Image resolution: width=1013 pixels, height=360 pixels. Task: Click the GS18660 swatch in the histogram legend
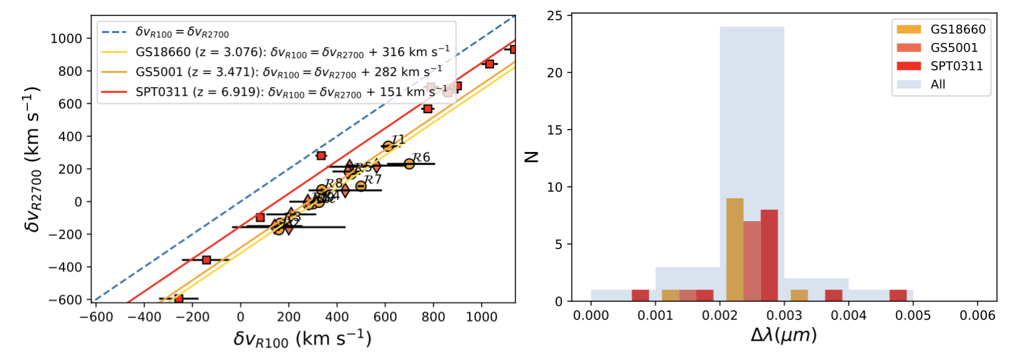908,29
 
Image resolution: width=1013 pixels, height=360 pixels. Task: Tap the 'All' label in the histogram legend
938,84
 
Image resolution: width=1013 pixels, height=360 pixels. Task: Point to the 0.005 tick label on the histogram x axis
913,316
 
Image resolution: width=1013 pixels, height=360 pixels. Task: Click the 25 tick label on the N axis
554,16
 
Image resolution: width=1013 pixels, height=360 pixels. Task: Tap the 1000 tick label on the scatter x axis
482,317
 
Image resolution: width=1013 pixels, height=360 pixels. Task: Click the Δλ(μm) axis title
783,336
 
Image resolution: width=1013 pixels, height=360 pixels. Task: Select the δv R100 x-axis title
302,339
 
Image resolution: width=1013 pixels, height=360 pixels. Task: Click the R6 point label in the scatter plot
422,158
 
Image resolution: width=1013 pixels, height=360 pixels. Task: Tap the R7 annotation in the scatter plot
373,180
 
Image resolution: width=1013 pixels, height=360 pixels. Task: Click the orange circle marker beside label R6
409,164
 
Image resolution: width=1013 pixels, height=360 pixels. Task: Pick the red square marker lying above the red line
321,156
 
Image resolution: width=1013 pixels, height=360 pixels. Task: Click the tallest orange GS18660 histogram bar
735,249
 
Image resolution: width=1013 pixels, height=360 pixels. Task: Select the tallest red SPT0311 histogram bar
769,255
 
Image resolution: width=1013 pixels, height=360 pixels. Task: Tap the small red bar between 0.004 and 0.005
898,295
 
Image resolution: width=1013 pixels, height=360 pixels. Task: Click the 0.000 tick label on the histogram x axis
591,316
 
